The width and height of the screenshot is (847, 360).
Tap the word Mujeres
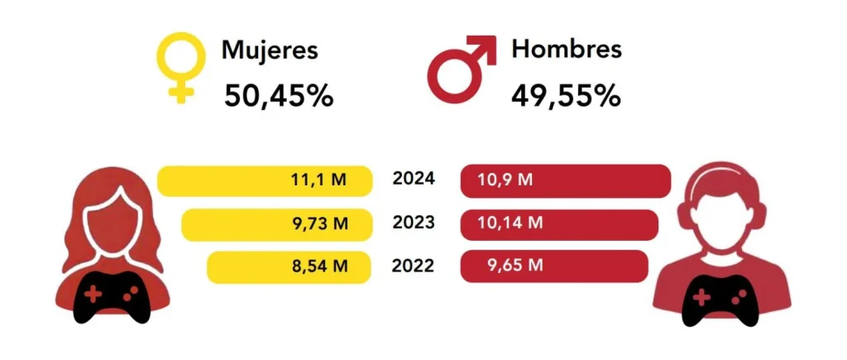coord(269,50)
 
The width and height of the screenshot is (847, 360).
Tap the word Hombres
coord(567,49)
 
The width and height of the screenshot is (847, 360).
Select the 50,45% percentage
coord(279,96)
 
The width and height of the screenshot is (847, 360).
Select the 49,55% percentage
coord(566,96)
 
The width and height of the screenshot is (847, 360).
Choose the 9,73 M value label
coord(318,223)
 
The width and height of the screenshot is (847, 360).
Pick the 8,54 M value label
coord(318,266)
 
